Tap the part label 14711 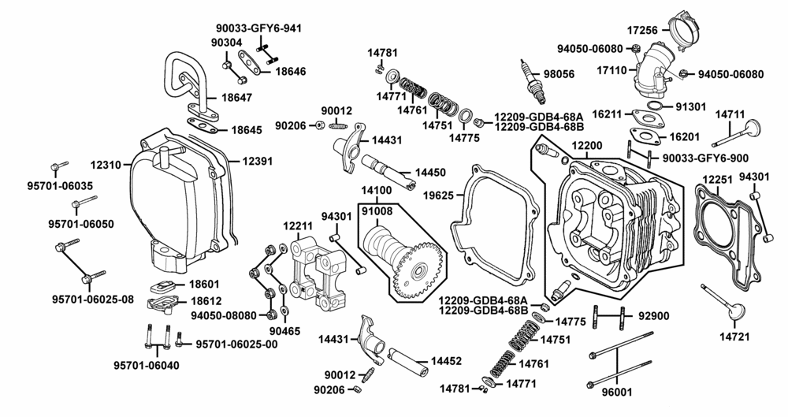pyautogui.click(x=730, y=114)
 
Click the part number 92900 pyautogui.click(x=652, y=315)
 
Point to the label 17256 pyautogui.click(x=643, y=30)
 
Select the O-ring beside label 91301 pyautogui.click(x=652, y=105)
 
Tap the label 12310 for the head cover pyautogui.click(x=106, y=166)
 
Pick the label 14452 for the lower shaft pyautogui.click(x=445, y=361)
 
